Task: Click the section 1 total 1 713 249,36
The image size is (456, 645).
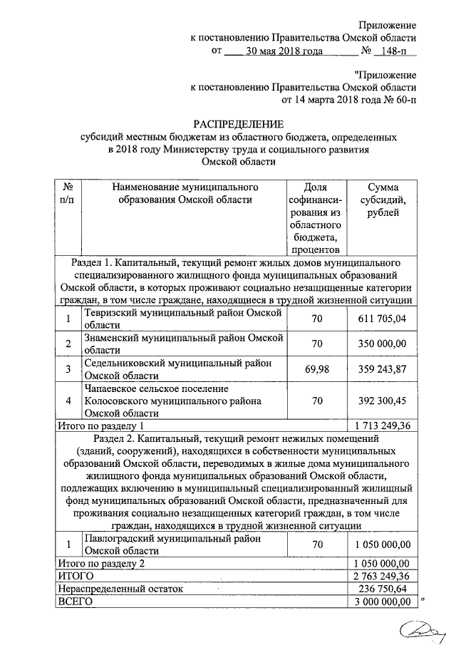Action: pyautogui.click(x=382, y=425)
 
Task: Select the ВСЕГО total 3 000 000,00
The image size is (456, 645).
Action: pyautogui.click(x=382, y=602)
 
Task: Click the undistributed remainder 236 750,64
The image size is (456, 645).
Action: pyautogui.click(x=383, y=589)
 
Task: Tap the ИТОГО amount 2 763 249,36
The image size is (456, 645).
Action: pyautogui.click(x=382, y=576)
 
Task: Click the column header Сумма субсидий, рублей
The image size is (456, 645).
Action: pyautogui.click(x=383, y=200)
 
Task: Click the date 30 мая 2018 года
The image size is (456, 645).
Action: pyautogui.click(x=284, y=51)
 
